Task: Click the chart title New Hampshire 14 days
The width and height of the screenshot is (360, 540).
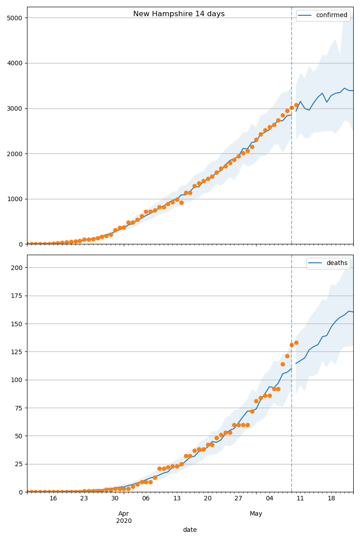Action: click(x=179, y=14)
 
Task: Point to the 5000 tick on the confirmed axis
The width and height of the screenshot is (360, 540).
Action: click(x=16, y=18)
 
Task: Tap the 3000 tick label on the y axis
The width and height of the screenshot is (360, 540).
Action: click(x=16, y=108)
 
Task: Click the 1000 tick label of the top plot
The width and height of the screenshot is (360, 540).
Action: click(x=16, y=199)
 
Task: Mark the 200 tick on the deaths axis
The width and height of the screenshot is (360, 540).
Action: click(x=18, y=268)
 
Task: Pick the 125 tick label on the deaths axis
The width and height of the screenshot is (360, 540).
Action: click(x=18, y=352)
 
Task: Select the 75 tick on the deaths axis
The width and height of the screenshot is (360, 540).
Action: click(x=19, y=408)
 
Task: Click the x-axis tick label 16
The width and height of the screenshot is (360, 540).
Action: click(x=53, y=499)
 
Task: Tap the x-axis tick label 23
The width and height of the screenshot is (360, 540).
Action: click(x=84, y=499)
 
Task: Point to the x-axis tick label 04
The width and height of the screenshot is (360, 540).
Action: click(x=269, y=499)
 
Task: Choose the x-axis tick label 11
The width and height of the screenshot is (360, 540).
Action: click(x=300, y=499)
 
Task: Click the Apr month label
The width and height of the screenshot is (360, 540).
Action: click(x=124, y=513)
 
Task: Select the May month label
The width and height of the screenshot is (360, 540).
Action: click(x=256, y=513)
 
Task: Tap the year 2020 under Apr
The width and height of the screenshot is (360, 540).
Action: click(x=124, y=521)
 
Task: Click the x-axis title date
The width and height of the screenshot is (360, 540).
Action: click(x=190, y=530)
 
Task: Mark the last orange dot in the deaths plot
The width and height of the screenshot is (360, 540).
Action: click(x=296, y=342)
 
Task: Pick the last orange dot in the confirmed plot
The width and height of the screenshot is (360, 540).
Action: click(x=296, y=105)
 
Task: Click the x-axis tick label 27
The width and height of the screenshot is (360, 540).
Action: click(x=238, y=499)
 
